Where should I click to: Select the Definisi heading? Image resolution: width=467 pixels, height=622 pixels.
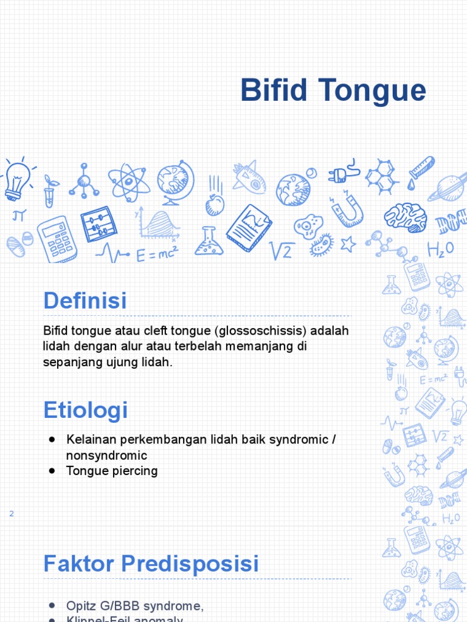point(85,301)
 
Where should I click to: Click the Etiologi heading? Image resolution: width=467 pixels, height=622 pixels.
point(86,410)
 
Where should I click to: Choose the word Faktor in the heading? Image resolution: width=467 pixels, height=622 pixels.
point(79,564)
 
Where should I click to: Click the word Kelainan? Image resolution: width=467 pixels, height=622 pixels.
point(89,439)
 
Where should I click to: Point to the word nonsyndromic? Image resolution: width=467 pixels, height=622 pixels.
point(106,455)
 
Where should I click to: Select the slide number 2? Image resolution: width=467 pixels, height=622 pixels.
point(11,514)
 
